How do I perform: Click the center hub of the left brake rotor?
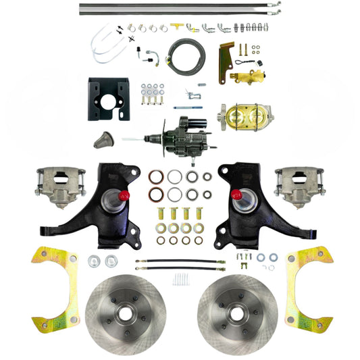point(126,314)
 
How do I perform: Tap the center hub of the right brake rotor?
point(234,314)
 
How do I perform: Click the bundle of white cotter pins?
point(180,278)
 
